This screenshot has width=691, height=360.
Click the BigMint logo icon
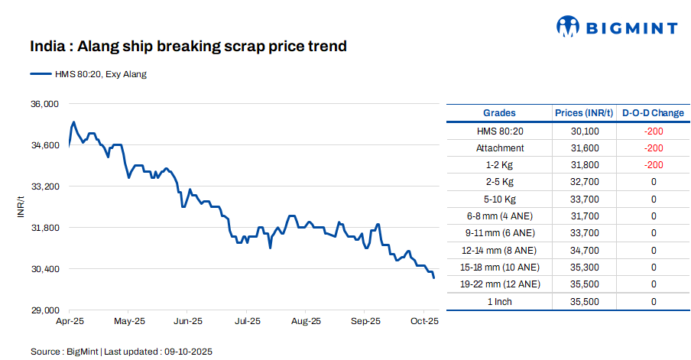pos(567,28)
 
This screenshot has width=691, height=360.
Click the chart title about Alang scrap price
pos(188,47)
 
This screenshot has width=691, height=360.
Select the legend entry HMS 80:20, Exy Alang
pos(88,74)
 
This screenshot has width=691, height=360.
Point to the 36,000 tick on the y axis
pos(44,104)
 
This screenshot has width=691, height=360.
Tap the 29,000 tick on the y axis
pos(44,310)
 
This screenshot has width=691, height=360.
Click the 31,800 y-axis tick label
pos(44,228)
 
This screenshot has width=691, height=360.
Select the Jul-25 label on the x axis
pos(247,322)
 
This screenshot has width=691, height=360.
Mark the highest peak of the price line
pos(73,122)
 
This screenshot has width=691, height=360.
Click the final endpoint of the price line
pos(434,277)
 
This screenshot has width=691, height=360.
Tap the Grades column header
pos(499,113)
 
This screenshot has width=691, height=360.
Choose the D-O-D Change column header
pos(653,113)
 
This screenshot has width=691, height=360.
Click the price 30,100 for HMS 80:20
pos(585,131)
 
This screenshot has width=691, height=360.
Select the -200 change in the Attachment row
pos(653,148)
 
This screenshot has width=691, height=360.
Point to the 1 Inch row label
pos(500,302)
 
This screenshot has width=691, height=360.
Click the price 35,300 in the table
pos(585,268)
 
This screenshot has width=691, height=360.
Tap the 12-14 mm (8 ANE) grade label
pos(500,251)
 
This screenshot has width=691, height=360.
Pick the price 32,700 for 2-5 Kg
pos(585,183)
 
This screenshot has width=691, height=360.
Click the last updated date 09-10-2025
pos(189,352)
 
